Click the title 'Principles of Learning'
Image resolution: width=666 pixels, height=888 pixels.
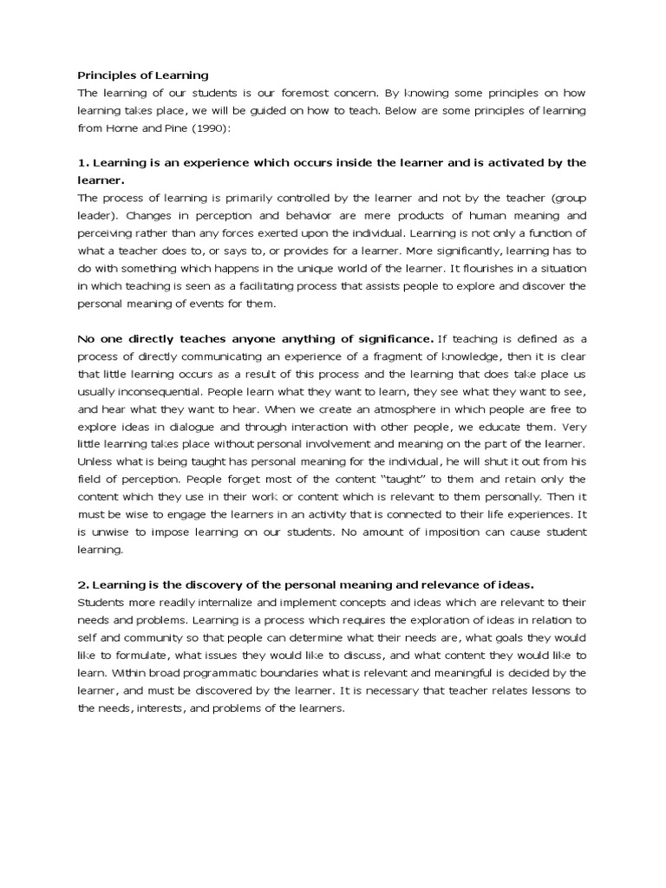click(x=143, y=75)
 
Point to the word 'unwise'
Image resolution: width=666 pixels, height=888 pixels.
click(x=112, y=532)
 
